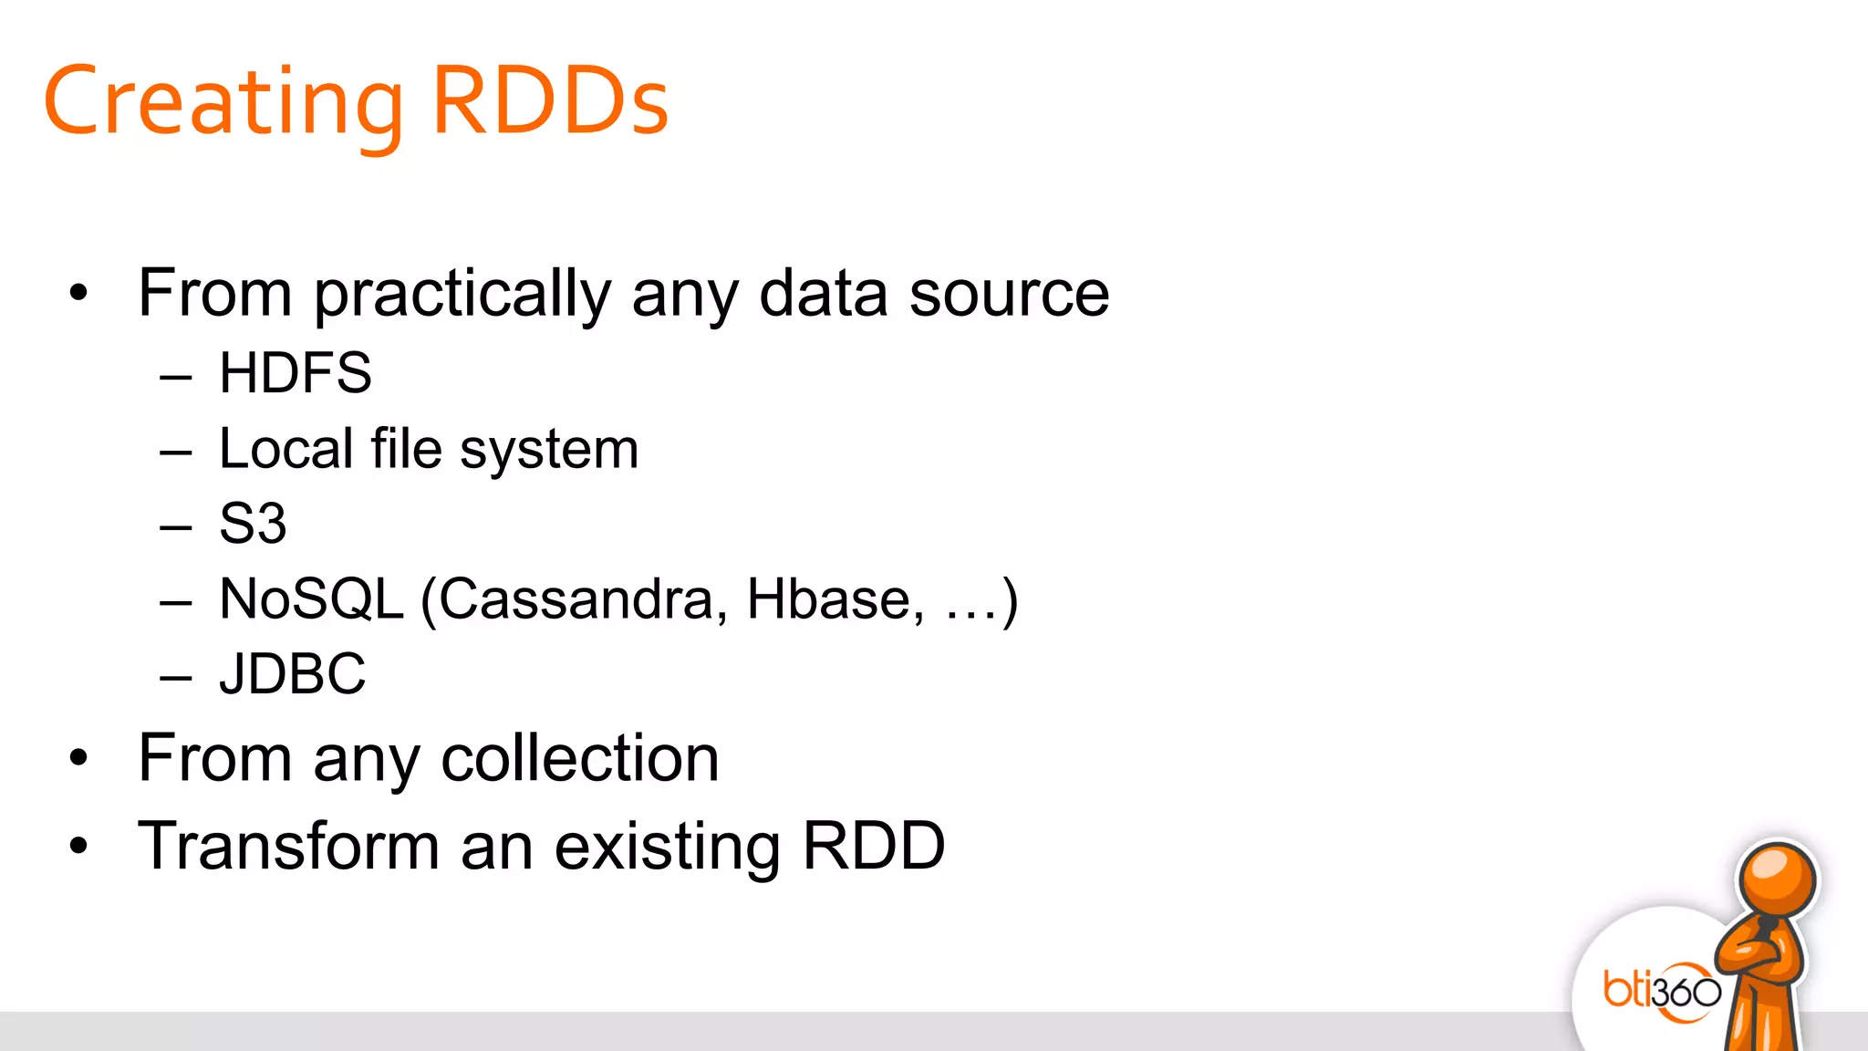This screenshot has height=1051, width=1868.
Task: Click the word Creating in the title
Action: tap(223, 102)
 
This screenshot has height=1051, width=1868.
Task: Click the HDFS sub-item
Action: tap(296, 373)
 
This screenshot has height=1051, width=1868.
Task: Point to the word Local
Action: tap(285, 449)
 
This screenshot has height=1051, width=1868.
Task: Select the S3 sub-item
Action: tap(253, 524)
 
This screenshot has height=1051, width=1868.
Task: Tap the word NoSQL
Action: tap(311, 599)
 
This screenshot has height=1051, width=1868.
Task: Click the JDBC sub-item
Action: tap(292, 674)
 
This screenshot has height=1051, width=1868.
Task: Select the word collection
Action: tap(580, 758)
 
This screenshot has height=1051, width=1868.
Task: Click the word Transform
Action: tap(290, 846)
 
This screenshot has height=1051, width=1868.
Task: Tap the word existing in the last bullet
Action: tap(668, 848)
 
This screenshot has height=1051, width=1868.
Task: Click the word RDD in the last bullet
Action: tap(873, 846)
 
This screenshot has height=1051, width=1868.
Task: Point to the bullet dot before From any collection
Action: tap(79, 758)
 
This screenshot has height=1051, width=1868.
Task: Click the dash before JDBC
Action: tap(175, 677)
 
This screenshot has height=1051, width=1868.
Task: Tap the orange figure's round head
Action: tap(1776, 879)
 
